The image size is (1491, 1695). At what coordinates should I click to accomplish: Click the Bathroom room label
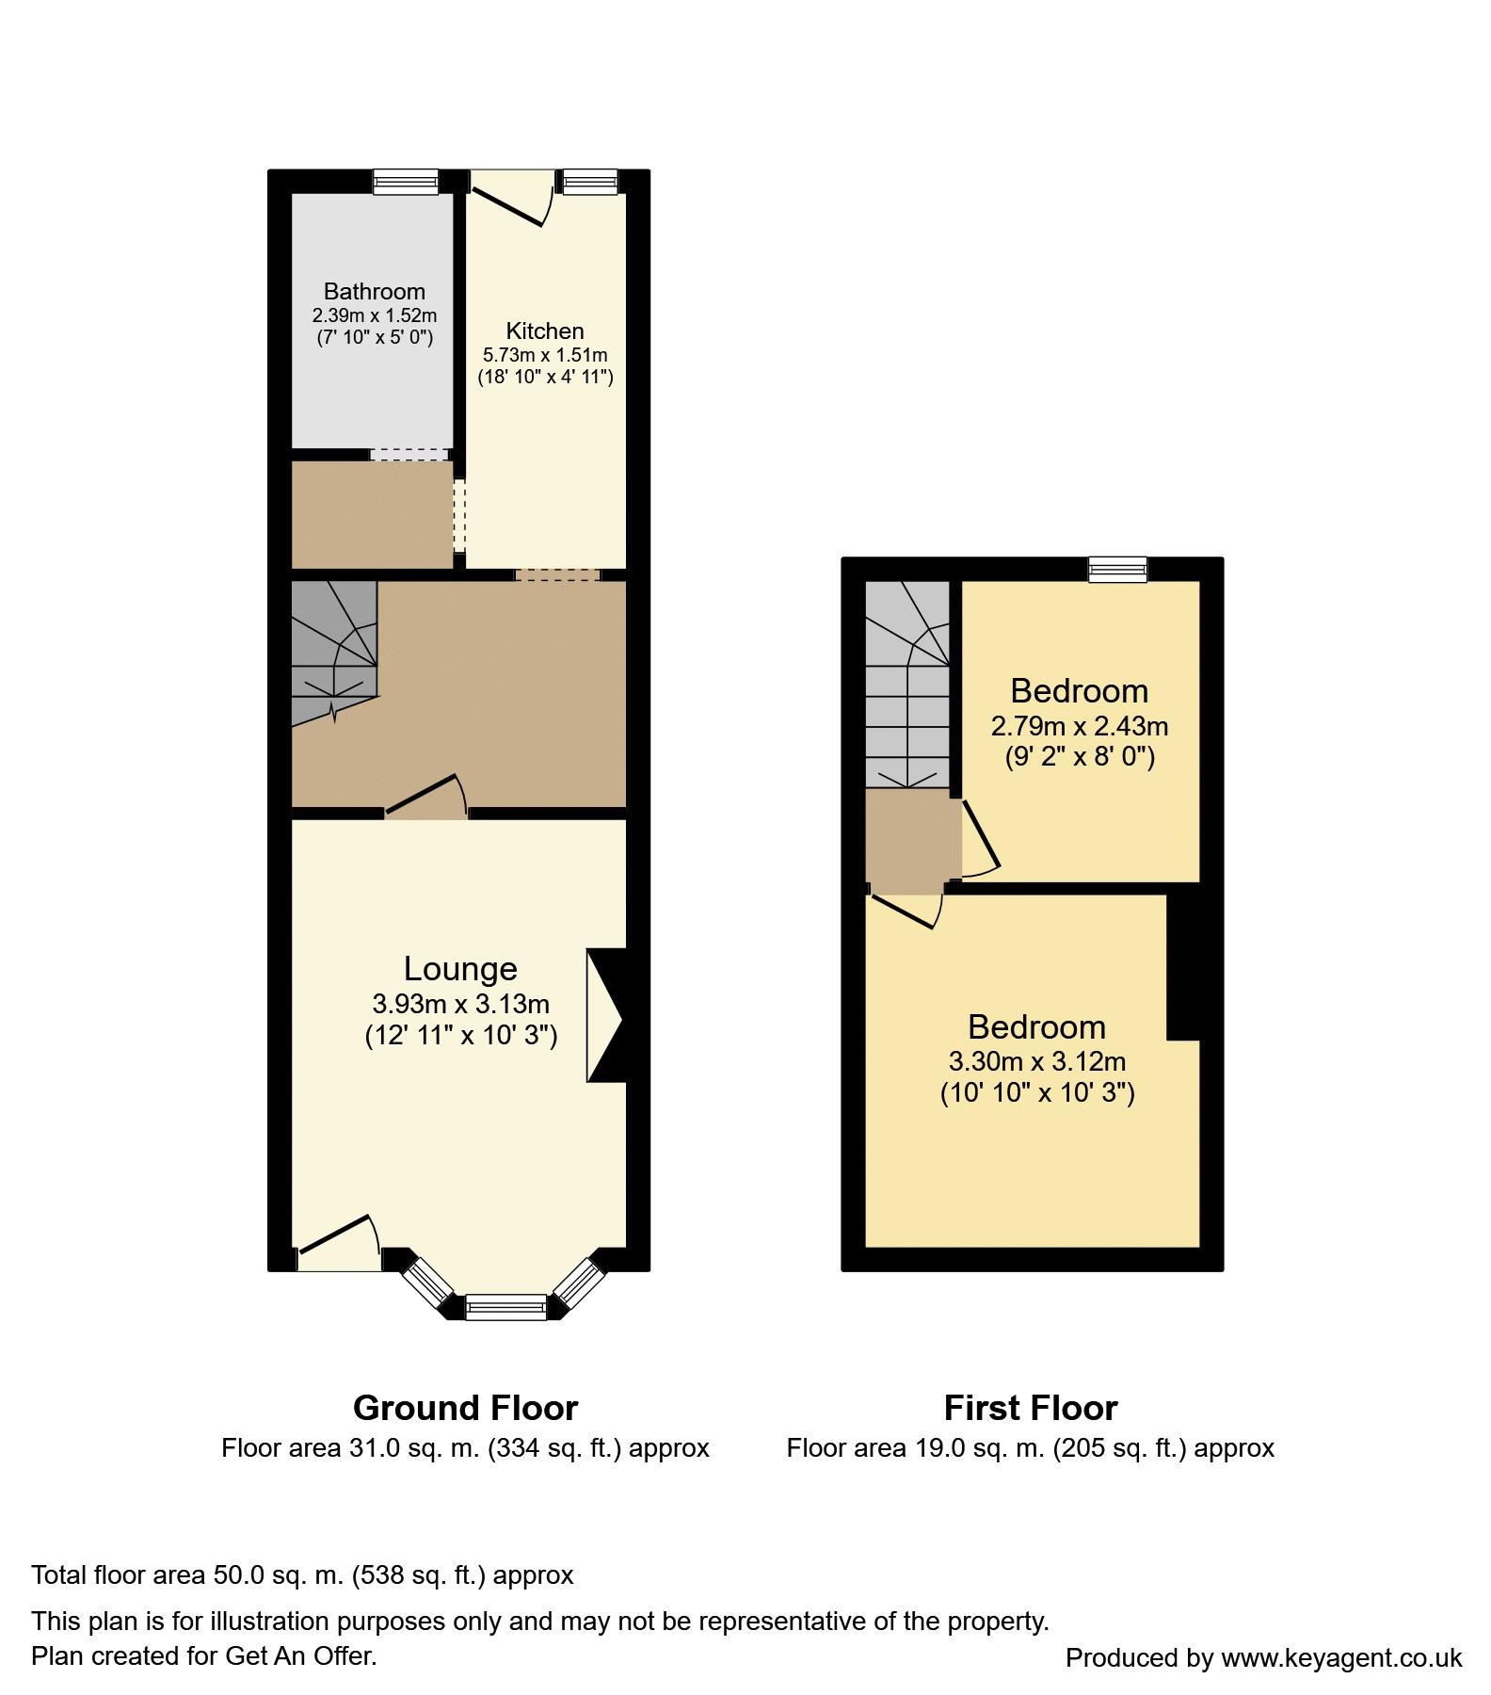click(375, 291)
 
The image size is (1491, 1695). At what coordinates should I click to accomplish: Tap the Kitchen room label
click(545, 331)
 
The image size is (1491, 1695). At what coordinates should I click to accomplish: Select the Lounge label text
click(460, 969)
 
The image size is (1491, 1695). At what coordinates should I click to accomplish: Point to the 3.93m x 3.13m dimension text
click(461, 1004)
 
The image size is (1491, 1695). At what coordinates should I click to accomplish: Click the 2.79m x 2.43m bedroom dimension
click(1080, 726)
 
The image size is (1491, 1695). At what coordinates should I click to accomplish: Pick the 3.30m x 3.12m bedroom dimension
click(1037, 1061)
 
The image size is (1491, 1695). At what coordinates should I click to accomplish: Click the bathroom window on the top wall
click(406, 182)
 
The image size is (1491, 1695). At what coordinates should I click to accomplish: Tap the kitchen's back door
click(510, 199)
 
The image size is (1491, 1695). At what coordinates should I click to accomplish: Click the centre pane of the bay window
click(505, 1307)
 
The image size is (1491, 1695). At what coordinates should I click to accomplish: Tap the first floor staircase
click(907, 685)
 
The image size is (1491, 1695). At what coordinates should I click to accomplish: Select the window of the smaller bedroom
click(1118, 569)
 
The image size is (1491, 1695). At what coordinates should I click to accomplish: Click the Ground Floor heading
click(465, 1408)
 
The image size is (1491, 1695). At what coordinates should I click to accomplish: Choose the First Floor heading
click(1031, 1408)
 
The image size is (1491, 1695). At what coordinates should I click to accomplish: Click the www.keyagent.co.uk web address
click(1341, 1657)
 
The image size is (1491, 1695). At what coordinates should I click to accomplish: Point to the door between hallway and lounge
click(426, 797)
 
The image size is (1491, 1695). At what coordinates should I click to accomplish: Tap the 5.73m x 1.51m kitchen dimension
click(545, 355)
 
